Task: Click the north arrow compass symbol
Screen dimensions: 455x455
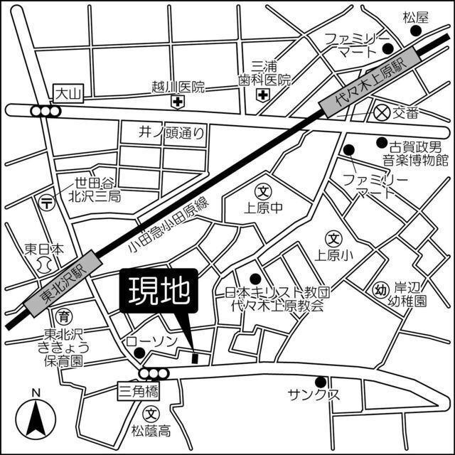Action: (36, 417)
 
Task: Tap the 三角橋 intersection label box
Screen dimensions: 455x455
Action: (137, 389)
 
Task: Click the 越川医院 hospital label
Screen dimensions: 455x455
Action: (178, 87)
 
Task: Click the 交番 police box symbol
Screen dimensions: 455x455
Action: (383, 112)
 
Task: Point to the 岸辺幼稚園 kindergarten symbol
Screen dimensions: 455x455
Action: (381, 289)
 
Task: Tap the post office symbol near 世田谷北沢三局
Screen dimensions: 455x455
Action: (46, 202)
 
